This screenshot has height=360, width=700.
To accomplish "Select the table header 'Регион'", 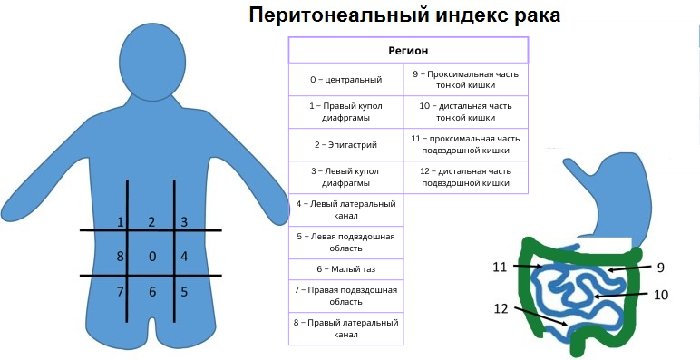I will [x=408, y=51].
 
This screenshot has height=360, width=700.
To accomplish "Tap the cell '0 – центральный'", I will [x=345, y=80].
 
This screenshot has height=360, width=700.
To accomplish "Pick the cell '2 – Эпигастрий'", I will [x=345, y=144].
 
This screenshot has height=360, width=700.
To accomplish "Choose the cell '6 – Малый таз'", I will [x=345, y=269].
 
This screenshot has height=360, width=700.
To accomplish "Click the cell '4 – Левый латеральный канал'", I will [x=345, y=210].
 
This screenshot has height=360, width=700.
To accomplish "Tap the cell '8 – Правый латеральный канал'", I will [x=345, y=328].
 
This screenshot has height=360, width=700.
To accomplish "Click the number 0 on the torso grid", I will [x=151, y=257].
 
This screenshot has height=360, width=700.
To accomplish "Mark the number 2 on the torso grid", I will [x=151, y=221].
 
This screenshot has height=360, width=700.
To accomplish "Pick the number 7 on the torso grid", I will [x=119, y=291].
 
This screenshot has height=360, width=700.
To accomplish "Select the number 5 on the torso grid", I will [x=183, y=291].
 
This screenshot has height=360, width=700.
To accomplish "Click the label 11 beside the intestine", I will [x=500, y=267].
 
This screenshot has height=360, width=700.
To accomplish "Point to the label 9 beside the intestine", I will [x=661, y=267].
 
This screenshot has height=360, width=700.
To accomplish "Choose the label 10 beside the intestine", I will [x=661, y=294].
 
